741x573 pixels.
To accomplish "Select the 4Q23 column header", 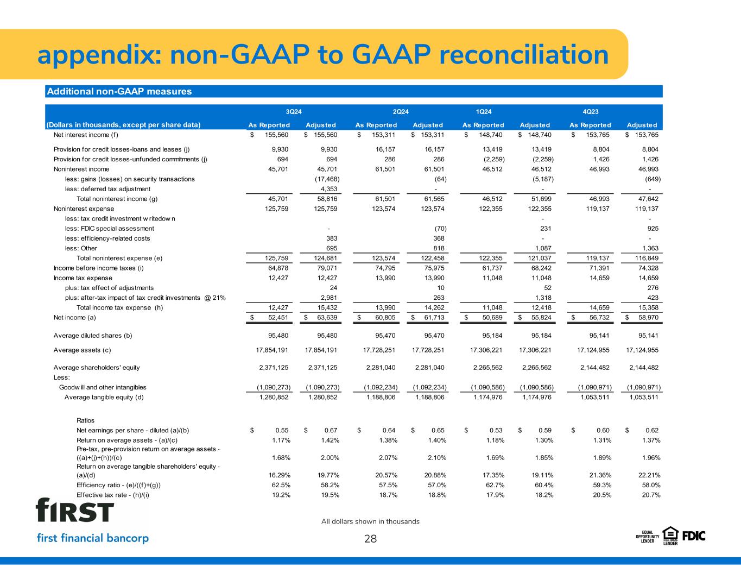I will click(590, 112).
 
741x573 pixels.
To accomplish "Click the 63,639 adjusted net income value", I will click(325, 317).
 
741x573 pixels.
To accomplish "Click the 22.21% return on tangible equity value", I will click(647, 475).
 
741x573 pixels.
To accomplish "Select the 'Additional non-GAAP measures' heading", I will click(119, 91).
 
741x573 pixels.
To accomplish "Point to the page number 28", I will click(370, 539).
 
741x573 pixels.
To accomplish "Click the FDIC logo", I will click(694, 536).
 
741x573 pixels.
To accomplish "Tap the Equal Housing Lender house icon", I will click(670, 535).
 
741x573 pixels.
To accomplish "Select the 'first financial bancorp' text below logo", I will click(92, 538).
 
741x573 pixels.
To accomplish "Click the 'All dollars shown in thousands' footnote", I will click(370, 521).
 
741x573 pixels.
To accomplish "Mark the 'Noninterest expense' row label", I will click(84, 209).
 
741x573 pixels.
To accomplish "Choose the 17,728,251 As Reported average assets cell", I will click(381, 350).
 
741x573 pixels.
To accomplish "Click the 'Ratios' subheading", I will click(86, 420).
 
